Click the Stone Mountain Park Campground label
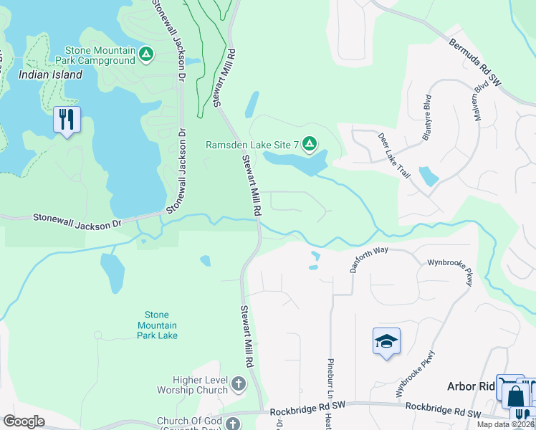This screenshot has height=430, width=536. click(100, 55)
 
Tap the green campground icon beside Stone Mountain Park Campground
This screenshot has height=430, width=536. click(146, 54)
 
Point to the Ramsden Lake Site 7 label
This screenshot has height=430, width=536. click(252, 145)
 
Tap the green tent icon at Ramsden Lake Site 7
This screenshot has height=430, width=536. click(309, 145)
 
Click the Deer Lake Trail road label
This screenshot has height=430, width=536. click(394, 155)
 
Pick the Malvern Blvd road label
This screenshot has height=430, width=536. click(474, 105)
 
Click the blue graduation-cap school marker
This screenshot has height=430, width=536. click(386, 341)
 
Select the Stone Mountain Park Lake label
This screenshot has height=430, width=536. click(156, 325)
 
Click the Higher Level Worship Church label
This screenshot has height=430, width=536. click(191, 385)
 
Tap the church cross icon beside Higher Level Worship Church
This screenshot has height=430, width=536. click(239, 384)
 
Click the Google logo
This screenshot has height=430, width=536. click(24, 421)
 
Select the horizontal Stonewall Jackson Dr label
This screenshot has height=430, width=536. click(77, 221)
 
